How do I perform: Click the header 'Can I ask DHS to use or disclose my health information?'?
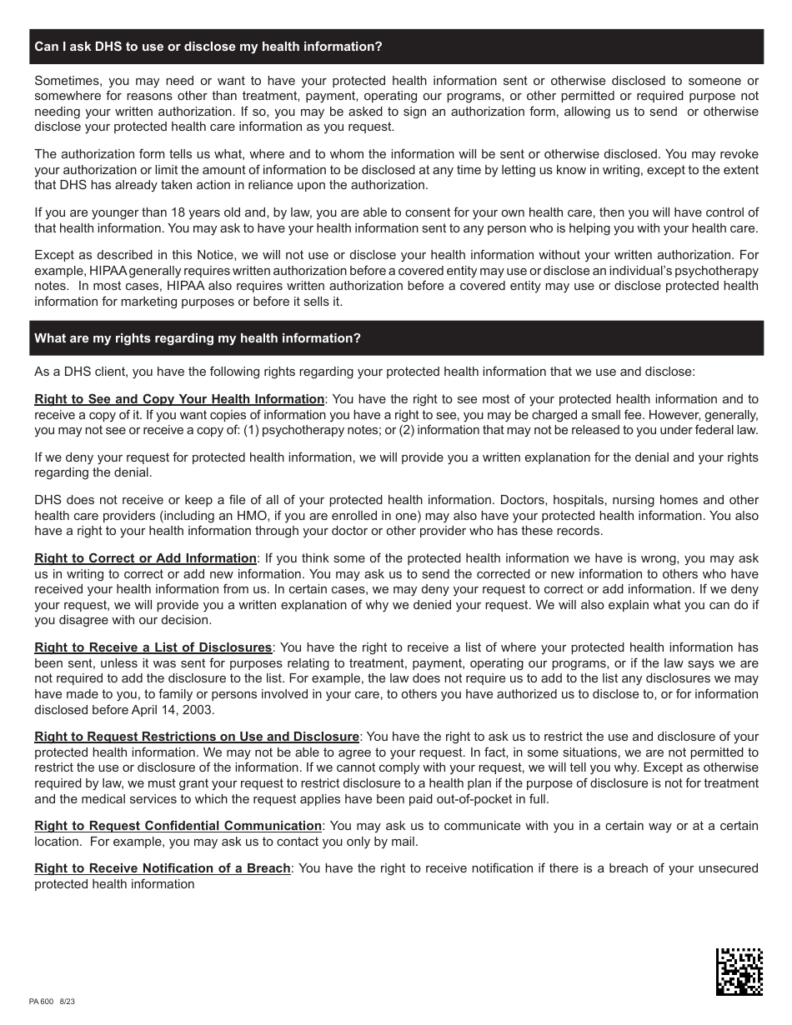(x=208, y=47)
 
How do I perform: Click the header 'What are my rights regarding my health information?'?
(x=198, y=338)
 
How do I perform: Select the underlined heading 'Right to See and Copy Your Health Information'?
(x=179, y=399)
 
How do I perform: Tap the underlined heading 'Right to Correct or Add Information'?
(x=145, y=558)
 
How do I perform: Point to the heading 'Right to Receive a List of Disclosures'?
(x=153, y=647)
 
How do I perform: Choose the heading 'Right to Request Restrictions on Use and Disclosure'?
(x=197, y=737)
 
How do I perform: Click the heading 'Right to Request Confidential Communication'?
(x=178, y=826)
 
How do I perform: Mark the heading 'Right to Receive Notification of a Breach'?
(x=163, y=868)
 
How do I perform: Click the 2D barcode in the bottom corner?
(x=739, y=972)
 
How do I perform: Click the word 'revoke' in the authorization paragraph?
(x=737, y=154)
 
